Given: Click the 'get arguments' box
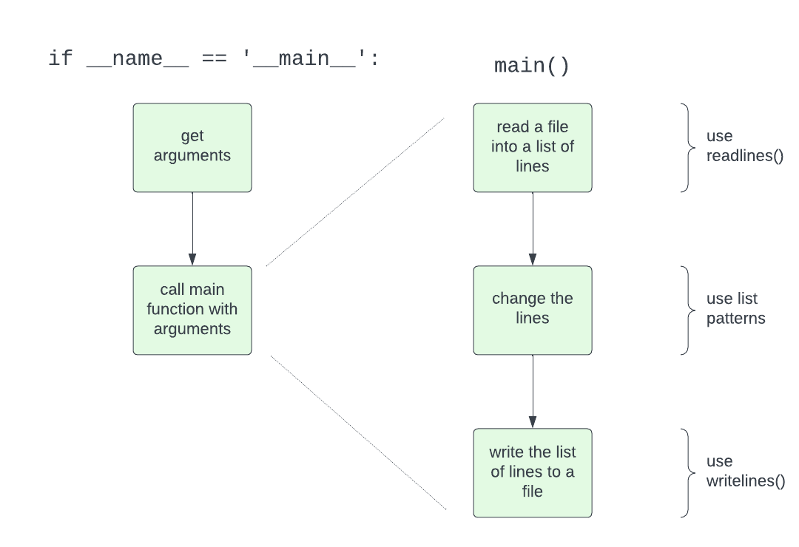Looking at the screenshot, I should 192,147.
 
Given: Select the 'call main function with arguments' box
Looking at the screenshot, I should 192,310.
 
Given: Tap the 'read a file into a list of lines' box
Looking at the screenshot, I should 533,147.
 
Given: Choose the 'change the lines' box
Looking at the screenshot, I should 533,310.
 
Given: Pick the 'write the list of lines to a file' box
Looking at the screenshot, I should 533,472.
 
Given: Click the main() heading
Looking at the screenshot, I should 532,66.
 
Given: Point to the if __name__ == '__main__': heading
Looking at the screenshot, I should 214,59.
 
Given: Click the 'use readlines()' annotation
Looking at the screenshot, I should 744,146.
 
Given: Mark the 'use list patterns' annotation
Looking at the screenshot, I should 735,309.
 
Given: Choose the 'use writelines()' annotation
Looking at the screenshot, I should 745,472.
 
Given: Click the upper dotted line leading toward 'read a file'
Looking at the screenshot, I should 355,191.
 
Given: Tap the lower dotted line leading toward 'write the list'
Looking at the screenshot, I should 359,432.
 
